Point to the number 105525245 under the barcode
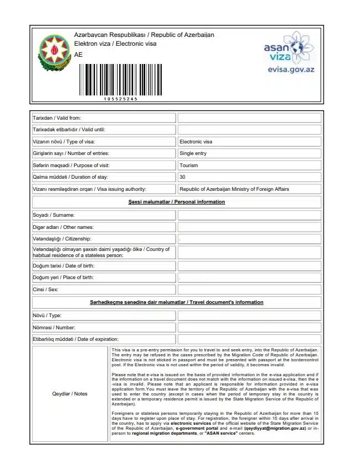[x=120, y=99]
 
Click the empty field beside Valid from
[x=249, y=118]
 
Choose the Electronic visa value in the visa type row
[x=196, y=142]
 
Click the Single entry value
[x=193, y=153]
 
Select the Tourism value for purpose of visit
[x=189, y=165]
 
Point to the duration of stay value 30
[x=182, y=177]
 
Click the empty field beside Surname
[x=249, y=215]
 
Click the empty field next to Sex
[x=249, y=290]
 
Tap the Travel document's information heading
[x=177, y=302]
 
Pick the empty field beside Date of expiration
[x=249, y=339]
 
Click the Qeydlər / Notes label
[x=70, y=394]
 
